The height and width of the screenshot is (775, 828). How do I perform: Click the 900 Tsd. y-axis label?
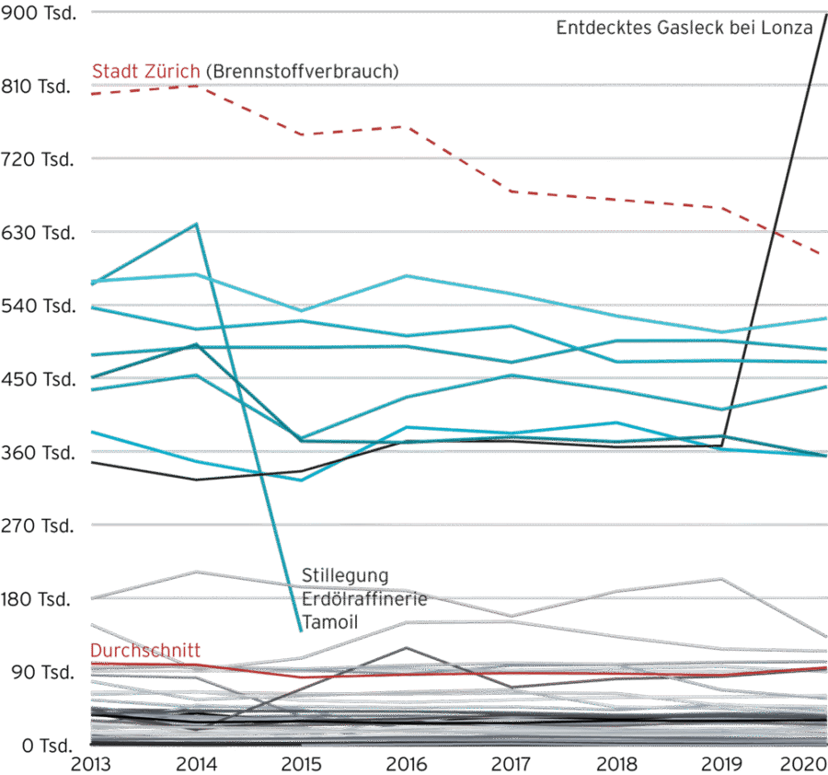coord(39,13)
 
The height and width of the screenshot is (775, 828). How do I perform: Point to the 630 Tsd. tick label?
coord(39,233)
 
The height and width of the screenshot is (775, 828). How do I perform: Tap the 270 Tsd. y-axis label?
coord(39,526)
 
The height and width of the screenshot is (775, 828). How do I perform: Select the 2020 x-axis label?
coord(805,763)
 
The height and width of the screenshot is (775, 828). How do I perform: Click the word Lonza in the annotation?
coord(789,28)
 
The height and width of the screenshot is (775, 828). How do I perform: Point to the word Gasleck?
coord(671,28)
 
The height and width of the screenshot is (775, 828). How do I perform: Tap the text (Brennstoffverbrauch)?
coord(303,71)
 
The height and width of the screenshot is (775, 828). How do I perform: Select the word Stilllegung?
coord(339,576)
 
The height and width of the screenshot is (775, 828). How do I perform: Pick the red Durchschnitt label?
coord(145,650)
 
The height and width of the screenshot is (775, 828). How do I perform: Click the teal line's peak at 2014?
coord(196,224)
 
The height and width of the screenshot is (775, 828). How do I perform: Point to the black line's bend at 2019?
coord(722,445)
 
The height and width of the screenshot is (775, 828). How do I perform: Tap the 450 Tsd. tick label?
coord(39,379)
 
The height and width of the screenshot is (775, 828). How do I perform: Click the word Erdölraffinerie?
coord(364,600)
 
